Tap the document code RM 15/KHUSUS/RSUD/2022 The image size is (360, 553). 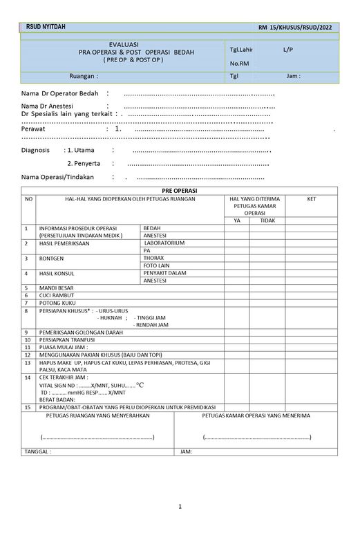(x=299, y=27)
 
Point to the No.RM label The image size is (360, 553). (x=239, y=64)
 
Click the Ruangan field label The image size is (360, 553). (x=84, y=76)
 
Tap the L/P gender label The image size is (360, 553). (x=288, y=50)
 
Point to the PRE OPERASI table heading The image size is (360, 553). (x=179, y=191)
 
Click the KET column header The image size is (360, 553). (x=311, y=199)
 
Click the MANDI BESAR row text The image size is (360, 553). (x=58, y=288)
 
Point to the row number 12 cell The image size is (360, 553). (x=28, y=353)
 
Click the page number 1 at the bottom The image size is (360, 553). (x=180, y=506)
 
